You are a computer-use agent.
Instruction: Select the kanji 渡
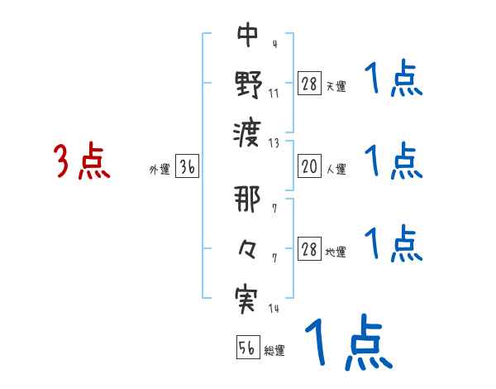coord(248,131)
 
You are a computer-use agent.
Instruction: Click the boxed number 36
coord(187,168)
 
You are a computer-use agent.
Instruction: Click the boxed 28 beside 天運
coord(308,84)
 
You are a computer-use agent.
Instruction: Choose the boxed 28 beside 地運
coord(308,250)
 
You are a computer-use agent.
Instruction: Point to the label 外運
coord(160,170)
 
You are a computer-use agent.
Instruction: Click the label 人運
coord(336,170)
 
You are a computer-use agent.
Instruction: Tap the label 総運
coord(274,351)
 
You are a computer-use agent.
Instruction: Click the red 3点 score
coord(80,162)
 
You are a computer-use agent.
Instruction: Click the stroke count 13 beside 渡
coord(274,142)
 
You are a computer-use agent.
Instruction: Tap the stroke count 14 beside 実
coord(274,310)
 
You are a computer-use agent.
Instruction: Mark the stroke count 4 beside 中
coord(274,43)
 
